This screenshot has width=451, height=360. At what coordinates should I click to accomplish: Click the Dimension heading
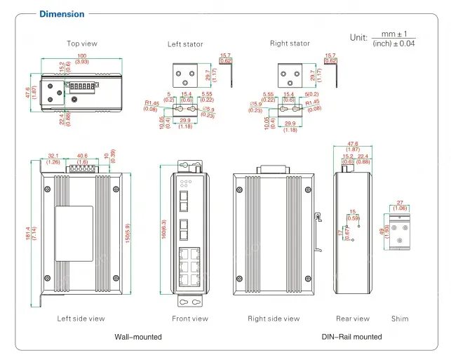click(62, 14)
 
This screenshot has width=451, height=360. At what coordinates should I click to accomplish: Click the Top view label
click(82, 44)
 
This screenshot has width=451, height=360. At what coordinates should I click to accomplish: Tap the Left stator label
click(185, 44)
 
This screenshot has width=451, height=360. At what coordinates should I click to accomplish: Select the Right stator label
click(290, 44)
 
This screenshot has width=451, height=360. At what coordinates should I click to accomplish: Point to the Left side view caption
click(81, 319)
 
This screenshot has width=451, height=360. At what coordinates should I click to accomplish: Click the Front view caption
click(190, 319)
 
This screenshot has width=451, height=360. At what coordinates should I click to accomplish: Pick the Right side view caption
click(274, 319)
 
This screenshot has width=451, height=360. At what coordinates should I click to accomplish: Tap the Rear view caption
click(353, 319)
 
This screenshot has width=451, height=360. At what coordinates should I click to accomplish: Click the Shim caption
click(400, 319)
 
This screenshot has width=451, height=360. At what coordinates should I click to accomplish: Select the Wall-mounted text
click(138, 337)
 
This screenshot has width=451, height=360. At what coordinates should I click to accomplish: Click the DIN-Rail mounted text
click(352, 337)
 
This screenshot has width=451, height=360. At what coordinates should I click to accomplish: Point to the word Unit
click(358, 37)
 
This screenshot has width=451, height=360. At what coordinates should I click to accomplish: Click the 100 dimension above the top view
click(82, 55)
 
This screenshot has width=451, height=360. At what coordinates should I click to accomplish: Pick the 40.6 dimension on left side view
click(82, 156)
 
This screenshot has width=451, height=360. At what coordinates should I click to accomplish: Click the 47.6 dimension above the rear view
click(353, 143)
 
